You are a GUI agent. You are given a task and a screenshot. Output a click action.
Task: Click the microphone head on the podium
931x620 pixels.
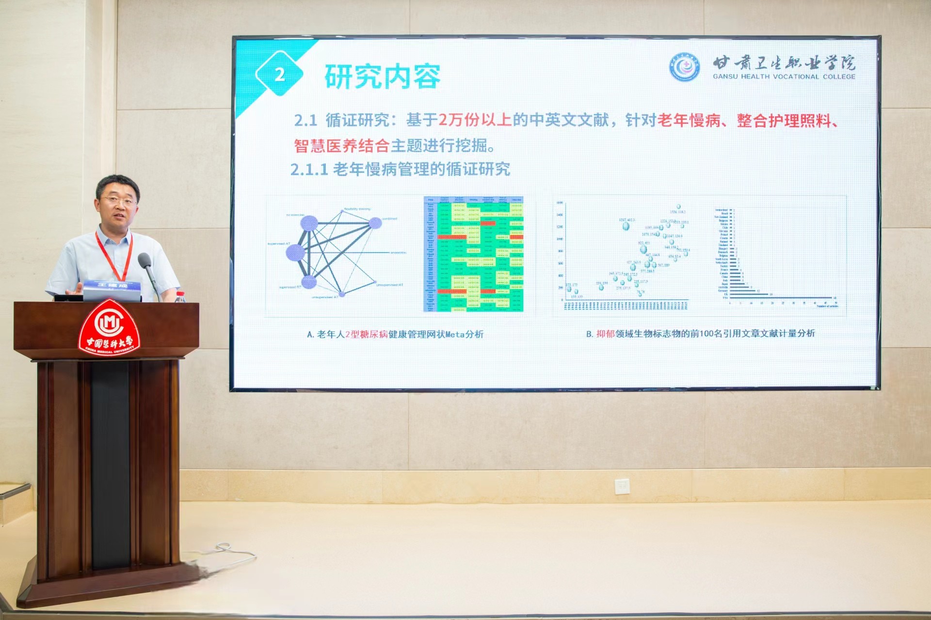point(144,261)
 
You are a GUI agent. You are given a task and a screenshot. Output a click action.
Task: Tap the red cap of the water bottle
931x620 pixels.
point(180,293)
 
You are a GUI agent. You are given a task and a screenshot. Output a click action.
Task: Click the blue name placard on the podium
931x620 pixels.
point(112,288)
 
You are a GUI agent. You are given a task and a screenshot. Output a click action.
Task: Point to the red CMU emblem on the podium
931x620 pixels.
point(110,326)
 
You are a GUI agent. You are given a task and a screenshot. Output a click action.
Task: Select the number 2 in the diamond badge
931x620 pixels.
point(279,75)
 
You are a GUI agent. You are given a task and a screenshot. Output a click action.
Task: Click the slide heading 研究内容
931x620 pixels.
point(382,77)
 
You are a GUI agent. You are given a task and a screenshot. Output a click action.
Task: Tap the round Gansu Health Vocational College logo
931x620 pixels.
point(684,67)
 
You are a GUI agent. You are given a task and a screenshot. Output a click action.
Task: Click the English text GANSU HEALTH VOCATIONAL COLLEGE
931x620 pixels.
point(784,77)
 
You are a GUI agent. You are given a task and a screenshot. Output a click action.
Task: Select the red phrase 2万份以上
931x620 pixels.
point(475,120)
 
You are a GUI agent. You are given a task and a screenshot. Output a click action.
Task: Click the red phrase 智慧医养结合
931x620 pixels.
point(341,145)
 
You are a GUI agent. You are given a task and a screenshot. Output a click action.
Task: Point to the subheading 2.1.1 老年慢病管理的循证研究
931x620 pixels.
point(400,169)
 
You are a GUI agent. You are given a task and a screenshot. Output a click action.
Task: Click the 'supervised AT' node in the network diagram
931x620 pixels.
point(295,252)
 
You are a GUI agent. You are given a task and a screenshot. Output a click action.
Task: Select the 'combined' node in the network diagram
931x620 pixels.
point(375,223)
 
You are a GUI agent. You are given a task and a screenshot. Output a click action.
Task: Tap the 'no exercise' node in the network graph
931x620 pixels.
point(309,223)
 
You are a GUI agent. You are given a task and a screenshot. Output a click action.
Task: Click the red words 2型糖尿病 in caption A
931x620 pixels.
point(367,334)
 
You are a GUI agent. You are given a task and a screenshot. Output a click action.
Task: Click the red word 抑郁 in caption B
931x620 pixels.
point(605,334)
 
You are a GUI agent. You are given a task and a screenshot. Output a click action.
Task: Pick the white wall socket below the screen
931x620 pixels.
point(622,485)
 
